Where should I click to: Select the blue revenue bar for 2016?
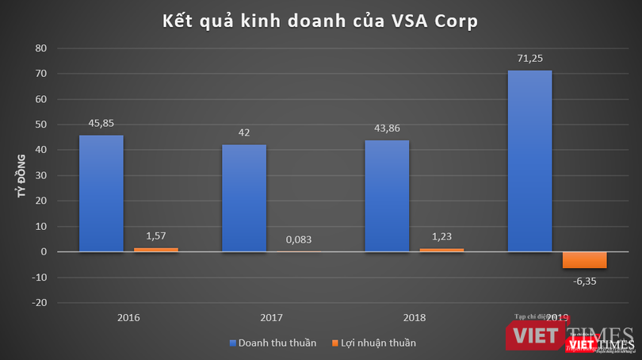(x=101, y=193)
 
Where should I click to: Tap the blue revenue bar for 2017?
(x=244, y=198)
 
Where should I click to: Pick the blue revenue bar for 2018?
(x=387, y=196)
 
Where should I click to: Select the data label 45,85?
(x=101, y=123)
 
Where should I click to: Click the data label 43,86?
(x=387, y=128)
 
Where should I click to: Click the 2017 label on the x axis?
(x=272, y=317)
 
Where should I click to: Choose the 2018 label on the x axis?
(x=414, y=317)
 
